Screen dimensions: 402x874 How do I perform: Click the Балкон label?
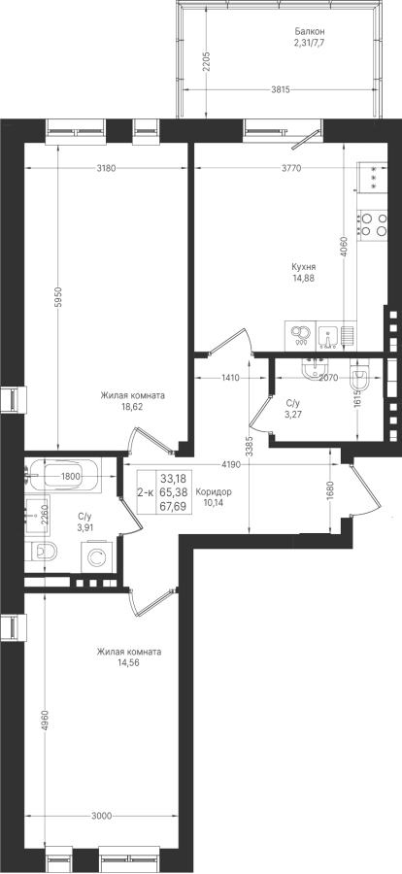pos(310,31)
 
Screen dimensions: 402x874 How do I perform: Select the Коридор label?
pos(214,492)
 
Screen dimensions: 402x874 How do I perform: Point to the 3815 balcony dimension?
pos(281,89)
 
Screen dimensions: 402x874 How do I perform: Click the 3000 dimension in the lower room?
pos(101,817)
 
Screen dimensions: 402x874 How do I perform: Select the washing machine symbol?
pos(97,557)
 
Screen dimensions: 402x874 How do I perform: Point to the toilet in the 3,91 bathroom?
pos(41,552)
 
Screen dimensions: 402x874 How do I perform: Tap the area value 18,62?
pos(133,407)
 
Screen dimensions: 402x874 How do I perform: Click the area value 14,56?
pos(129,662)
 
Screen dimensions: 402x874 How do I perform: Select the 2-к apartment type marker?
pos(146,491)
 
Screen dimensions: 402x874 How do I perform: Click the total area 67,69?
pos(173,506)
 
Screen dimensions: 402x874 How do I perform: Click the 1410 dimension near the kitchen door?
pos(230,378)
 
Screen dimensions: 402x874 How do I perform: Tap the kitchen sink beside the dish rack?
pos(328,336)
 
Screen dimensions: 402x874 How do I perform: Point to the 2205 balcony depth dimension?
pos(206,61)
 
